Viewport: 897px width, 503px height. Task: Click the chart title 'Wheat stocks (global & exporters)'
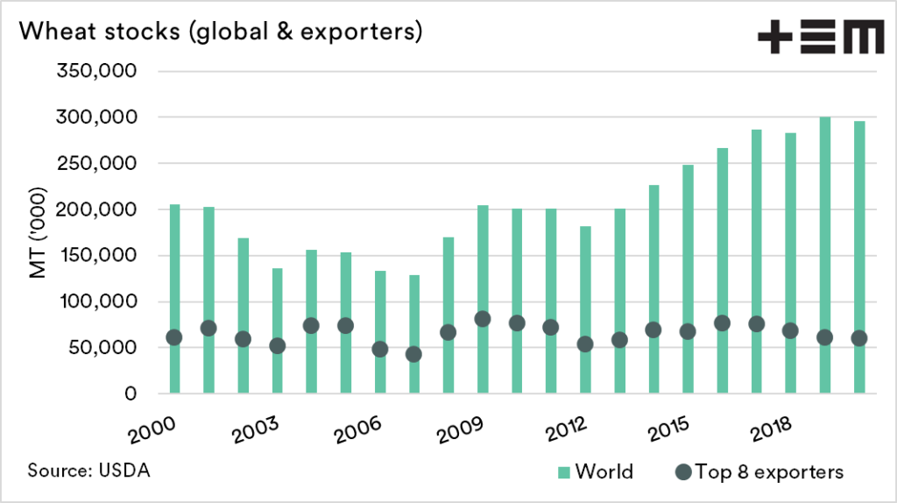221,32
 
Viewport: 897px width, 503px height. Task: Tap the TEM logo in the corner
820,38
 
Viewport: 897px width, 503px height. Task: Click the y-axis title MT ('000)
39,233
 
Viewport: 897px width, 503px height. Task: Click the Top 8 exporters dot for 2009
483,319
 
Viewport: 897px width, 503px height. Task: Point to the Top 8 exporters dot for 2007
413,354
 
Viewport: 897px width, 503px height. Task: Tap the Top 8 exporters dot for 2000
174,337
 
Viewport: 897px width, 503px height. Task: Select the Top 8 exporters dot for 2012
585,344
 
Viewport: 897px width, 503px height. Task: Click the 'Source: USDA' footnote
89,470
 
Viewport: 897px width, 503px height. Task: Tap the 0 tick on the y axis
130,394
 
